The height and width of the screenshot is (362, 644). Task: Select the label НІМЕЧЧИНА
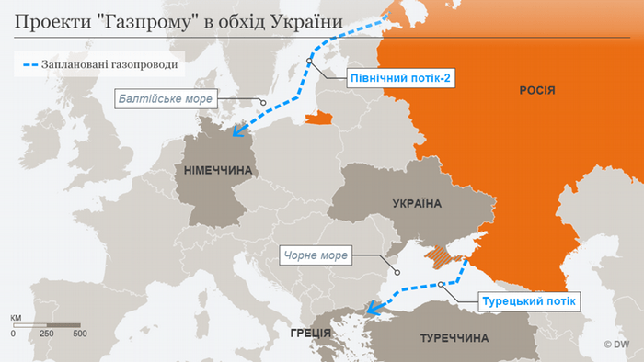[x=220, y=171]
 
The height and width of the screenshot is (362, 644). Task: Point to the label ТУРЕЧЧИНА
[x=454, y=338]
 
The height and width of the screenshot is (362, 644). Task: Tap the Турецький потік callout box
[x=528, y=300]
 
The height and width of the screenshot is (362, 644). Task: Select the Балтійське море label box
[x=165, y=98]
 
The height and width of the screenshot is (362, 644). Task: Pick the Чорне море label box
[x=316, y=255]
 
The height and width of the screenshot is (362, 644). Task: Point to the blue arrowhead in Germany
[x=238, y=130]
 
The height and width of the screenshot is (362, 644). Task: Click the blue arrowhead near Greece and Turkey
[x=373, y=309]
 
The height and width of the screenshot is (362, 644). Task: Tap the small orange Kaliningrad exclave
[x=318, y=118]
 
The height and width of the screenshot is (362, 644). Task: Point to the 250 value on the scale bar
[x=46, y=334]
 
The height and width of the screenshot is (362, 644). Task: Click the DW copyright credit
[x=621, y=345]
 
